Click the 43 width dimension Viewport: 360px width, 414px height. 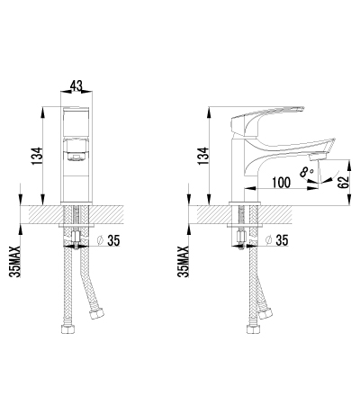click(76, 86)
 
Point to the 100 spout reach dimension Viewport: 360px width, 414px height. click(280, 183)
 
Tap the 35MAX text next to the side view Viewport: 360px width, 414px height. click(184, 256)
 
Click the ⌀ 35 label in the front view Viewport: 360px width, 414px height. click(108, 241)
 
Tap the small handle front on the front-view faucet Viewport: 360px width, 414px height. click(77, 153)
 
